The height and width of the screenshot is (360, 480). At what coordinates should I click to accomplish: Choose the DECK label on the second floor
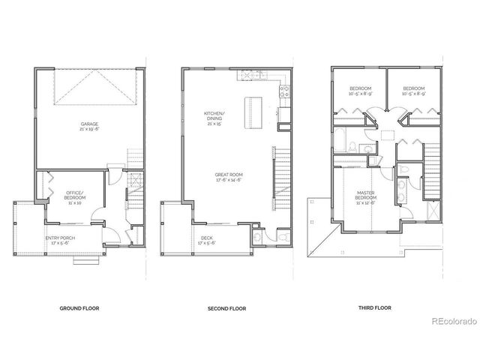pos(206,238)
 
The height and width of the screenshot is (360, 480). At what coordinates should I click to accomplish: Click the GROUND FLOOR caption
pos(80,308)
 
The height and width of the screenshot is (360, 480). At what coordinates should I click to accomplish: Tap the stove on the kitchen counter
pos(283,92)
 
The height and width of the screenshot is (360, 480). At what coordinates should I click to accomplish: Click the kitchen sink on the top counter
pos(247,75)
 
